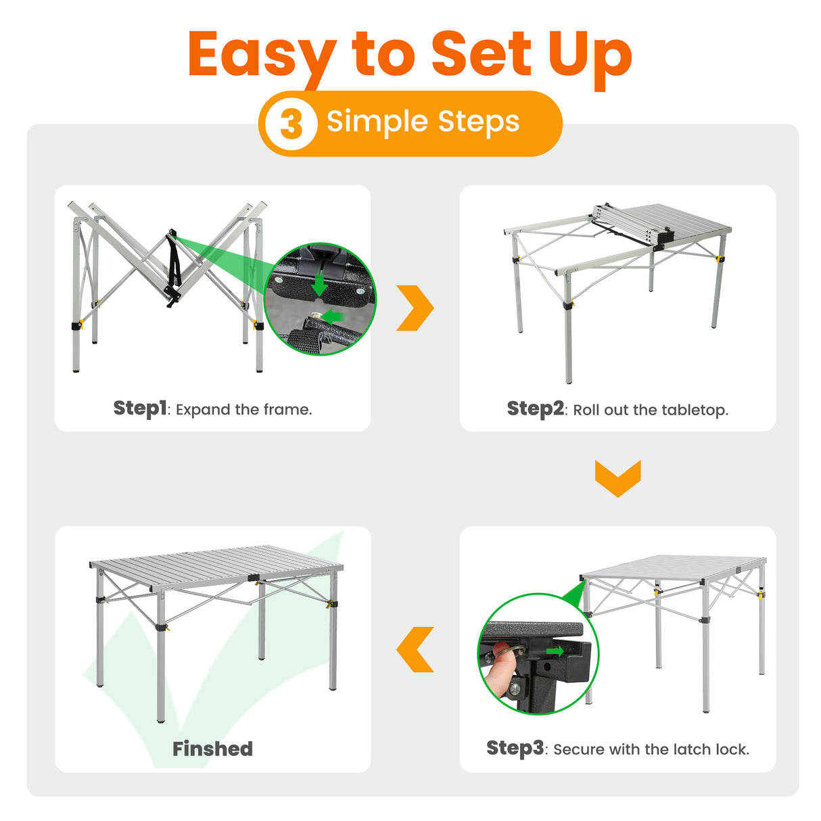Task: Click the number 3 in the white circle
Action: click(291, 124)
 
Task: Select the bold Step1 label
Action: click(140, 408)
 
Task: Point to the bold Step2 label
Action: click(535, 408)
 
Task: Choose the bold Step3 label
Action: click(515, 748)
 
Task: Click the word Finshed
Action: click(212, 749)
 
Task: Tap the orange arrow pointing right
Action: click(415, 308)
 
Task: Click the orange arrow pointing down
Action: click(617, 478)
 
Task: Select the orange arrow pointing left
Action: click(415, 649)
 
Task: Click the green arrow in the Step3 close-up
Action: click(554, 651)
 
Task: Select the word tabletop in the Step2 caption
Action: click(695, 410)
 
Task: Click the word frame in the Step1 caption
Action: click(287, 409)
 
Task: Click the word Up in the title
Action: click(590, 55)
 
